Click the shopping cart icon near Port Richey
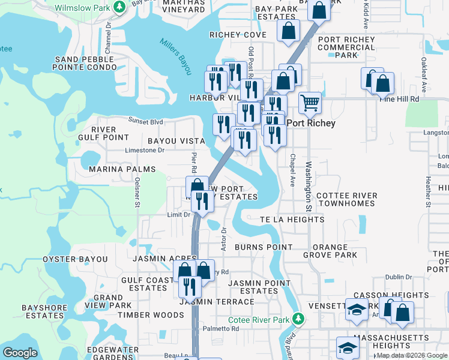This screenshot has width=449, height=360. coord(310,103)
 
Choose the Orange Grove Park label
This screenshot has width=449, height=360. coord(330,251)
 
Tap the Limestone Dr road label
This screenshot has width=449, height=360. coord(144,151)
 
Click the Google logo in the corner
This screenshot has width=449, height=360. coord(20,353)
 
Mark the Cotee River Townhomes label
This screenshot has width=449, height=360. coord(347,199)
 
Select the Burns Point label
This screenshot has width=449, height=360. coord(264,247)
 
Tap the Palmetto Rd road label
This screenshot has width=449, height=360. coord(221,329)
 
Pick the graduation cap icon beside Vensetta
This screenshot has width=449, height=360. coord(357,310)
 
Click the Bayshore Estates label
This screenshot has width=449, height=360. coord(43,311)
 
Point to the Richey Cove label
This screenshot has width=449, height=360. coord(238,35)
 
